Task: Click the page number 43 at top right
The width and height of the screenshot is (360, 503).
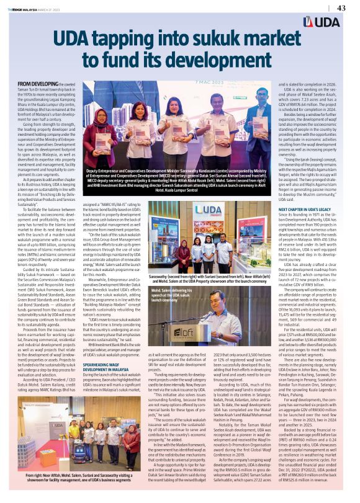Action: (x=341, y=7)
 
